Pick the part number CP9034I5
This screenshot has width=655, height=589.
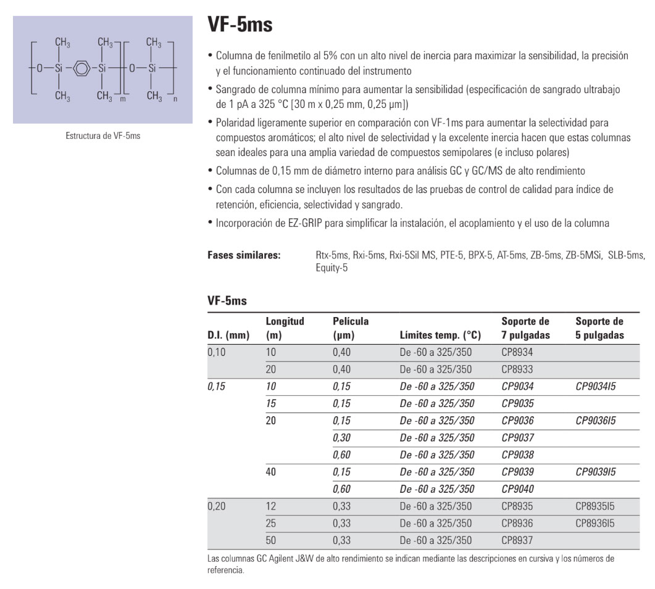[x=595, y=387]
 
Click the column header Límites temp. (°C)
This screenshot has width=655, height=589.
[x=440, y=336]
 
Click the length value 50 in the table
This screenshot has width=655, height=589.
[x=270, y=540]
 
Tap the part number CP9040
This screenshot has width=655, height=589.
[x=517, y=489]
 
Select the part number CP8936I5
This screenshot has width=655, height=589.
[x=595, y=523]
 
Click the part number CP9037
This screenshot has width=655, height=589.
[x=517, y=438]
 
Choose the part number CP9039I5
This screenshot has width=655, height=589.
[x=595, y=472]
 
